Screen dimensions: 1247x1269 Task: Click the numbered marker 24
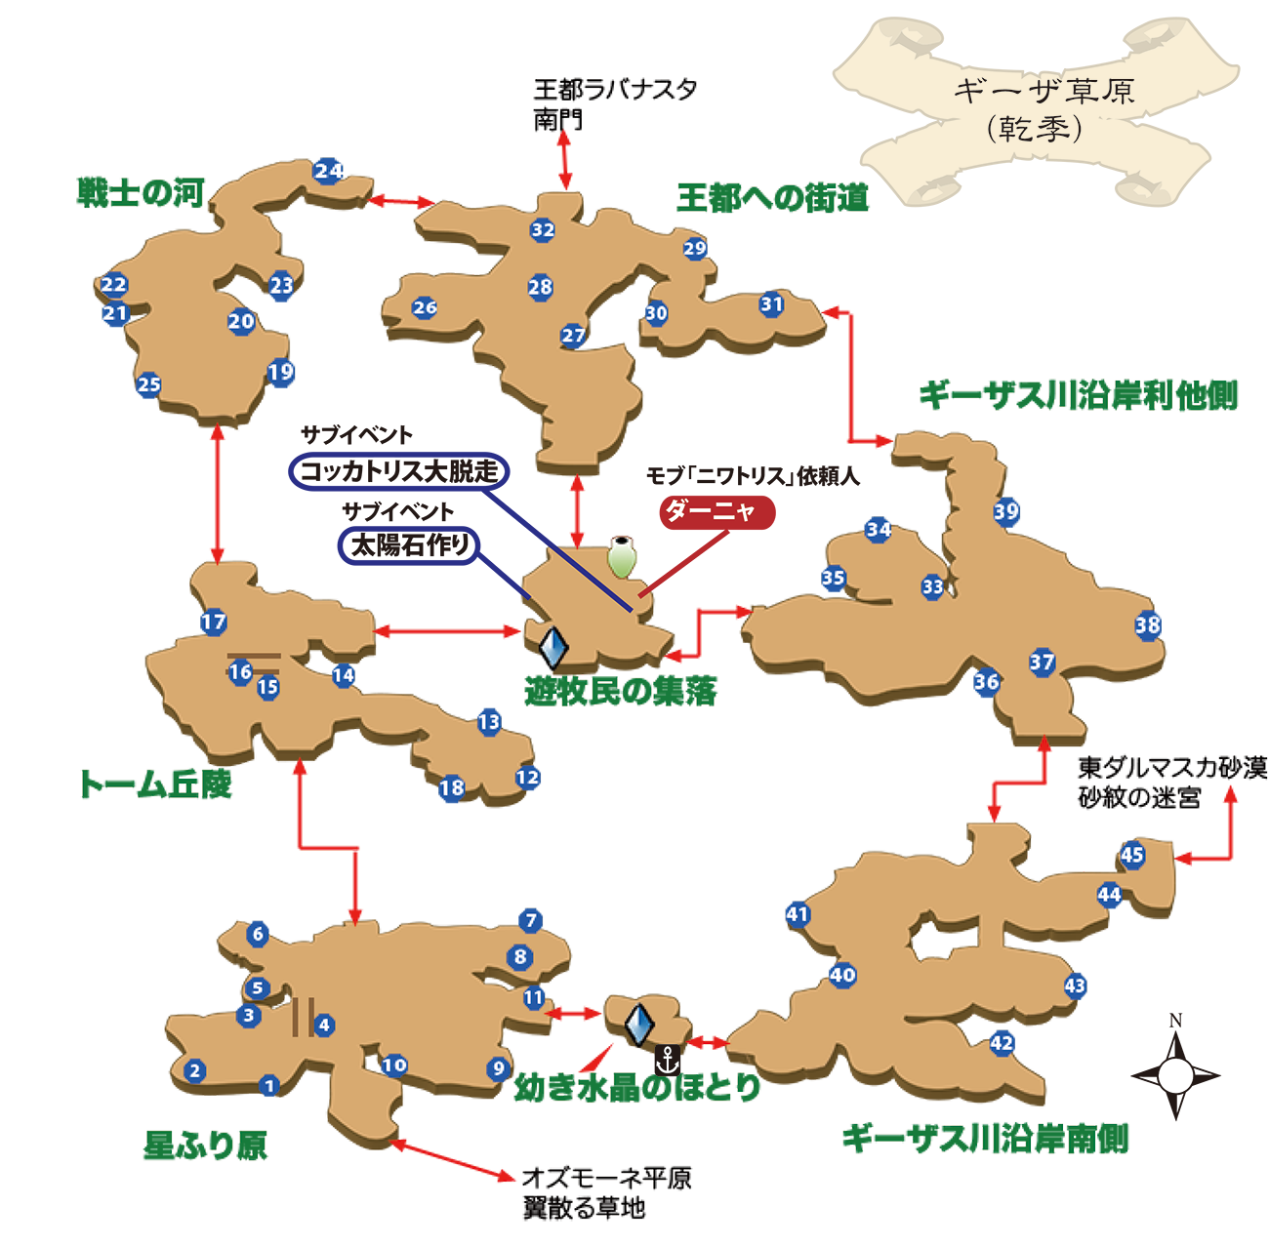click(x=328, y=171)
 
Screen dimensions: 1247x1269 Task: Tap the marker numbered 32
click(x=543, y=230)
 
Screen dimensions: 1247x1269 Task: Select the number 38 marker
click(x=1148, y=625)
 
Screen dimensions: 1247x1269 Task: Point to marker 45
click(x=1131, y=856)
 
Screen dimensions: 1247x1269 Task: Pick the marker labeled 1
click(x=269, y=1085)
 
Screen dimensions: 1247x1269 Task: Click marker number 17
click(x=213, y=622)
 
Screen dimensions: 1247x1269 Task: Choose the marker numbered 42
click(x=1002, y=1042)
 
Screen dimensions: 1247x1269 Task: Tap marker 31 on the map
click(x=772, y=304)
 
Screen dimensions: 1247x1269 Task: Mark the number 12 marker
click(x=527, y=778)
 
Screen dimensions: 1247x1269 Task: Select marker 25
click(x=148, y=384)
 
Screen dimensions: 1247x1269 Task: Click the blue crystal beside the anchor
click(x=638, y=1024)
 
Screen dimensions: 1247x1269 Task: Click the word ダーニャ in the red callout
click(x=710, y=509)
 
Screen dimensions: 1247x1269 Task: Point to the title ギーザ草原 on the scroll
click(x=1044, y=93)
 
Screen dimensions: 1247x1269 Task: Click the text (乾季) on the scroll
click(x=1035, y=129)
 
